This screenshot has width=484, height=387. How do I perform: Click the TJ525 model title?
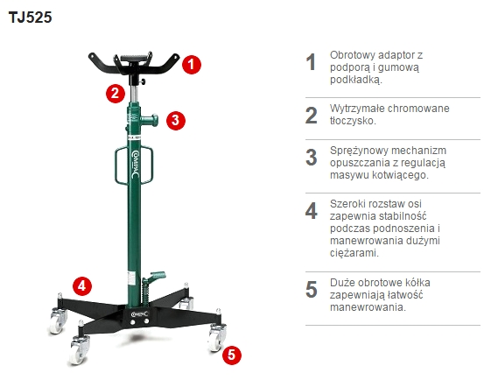pyautogui.click(x=31, y=18)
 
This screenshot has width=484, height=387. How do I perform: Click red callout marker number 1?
pyautogui.click(x=192, y=65)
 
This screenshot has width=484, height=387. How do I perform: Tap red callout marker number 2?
pyautogui.click(x=116, y=94)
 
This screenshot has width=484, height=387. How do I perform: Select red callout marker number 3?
pyautogui.click(x=176, y=120)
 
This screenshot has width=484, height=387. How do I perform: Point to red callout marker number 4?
pyautogui.click(x=82, y=286)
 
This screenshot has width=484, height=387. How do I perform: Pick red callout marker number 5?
pyautogui.click(x=232, y=355)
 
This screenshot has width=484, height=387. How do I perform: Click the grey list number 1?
pyautogui.click(x=311, y=62)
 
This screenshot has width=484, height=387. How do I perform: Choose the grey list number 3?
pyautogui.click(x=312, y=158)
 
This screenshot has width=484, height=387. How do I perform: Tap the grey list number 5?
pyautogui.click(x=312, y=290)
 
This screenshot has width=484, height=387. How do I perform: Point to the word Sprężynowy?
pyautogui.click(x=360, y=151)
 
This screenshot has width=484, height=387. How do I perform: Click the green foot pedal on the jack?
pyautogui.click(x=157, y=276)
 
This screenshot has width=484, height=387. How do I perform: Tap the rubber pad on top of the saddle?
pyautogui.click(x=133, y=59)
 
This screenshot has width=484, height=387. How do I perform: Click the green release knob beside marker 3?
pyautogui.click(x=150, y=120)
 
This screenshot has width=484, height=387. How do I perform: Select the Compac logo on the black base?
pyautogui.click(x=139, y=314)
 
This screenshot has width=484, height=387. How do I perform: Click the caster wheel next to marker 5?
pyautogui.click(x=216, y=337)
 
